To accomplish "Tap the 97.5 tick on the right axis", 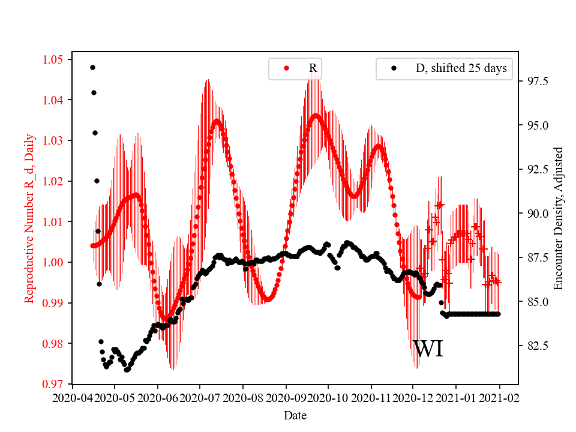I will tap(533, 82).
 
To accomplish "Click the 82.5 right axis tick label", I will tap(533, 346).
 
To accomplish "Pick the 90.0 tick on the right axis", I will tap(533, 214).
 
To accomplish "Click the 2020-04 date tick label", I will tap(72, 397).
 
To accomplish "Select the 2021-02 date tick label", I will tap(499, 397).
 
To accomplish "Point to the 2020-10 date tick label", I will tap(329, 397).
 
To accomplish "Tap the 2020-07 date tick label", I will tap(200, 397).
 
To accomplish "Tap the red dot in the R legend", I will tap(286, 68).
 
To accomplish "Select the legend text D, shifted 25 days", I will tap(461, 68).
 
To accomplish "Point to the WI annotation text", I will tap(428, 349).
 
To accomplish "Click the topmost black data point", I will tap(92, 67).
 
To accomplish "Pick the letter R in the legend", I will tap(313, 68).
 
